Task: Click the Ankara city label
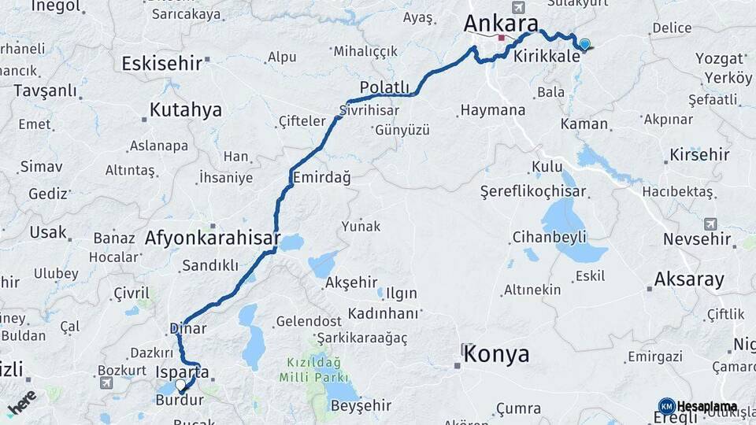[x=501, y=24]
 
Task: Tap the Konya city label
[x=496, y=354]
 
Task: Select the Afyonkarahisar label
[x=213, y=237]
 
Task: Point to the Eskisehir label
[x=162, y=64]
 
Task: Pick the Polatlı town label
[x=384, y=87]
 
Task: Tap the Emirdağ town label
[x=321, y=178]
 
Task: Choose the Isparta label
[x=183, y=371]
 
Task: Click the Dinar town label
[x=188, y=329]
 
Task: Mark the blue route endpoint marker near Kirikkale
[x=584, y=45]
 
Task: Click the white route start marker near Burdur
[x=181, y=386]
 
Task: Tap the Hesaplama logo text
[x=706, y=406]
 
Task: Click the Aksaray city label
[x=688, y=279]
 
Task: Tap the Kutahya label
[x=186, y=109]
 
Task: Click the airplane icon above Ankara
[x=517, y=7]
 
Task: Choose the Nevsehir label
[x=696, y=238]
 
